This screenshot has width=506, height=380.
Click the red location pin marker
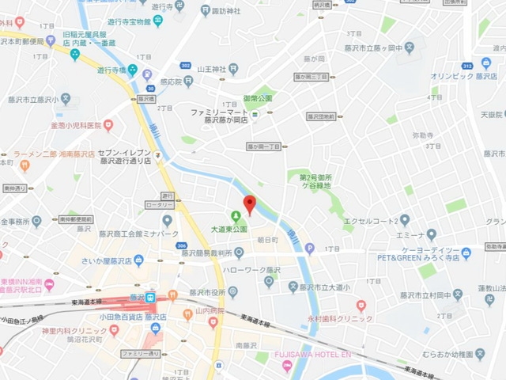click(249, 203)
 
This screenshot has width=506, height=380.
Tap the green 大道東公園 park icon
click(235, 216)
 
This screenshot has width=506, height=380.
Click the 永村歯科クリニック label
click(340, 317)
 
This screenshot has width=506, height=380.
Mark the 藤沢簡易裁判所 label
click(205, 253)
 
